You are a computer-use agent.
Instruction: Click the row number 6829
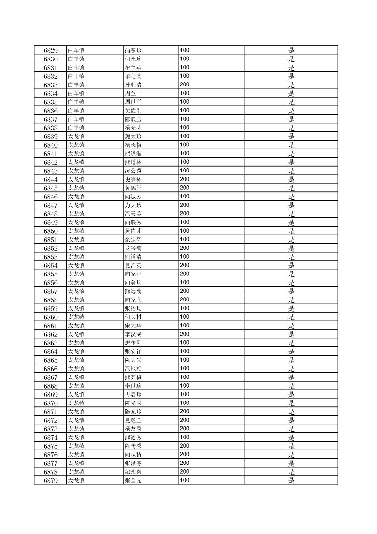[x=51, y=51]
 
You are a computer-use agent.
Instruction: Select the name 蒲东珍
[x=133, y=51]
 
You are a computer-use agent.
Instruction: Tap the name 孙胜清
[x=133, y=85]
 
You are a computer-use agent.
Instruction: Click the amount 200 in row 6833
[x=185, y=85]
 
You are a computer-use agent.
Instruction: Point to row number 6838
[x=51, y=128]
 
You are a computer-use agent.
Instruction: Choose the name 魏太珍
[x=133, y=137]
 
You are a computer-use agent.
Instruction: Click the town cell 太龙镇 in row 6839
[x=76, y=137]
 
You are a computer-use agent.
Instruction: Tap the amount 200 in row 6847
[x=185, y=205]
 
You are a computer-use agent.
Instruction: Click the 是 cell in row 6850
[x=291, y=231]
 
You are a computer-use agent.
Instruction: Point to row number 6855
[x=51, y=274]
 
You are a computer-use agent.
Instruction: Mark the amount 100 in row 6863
[x=185, y=343]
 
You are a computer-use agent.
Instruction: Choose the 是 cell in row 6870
[x=291, y=403]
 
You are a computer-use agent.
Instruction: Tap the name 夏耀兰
[x=133, y=421]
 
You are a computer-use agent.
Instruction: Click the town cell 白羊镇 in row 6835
[x=76, y=102]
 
